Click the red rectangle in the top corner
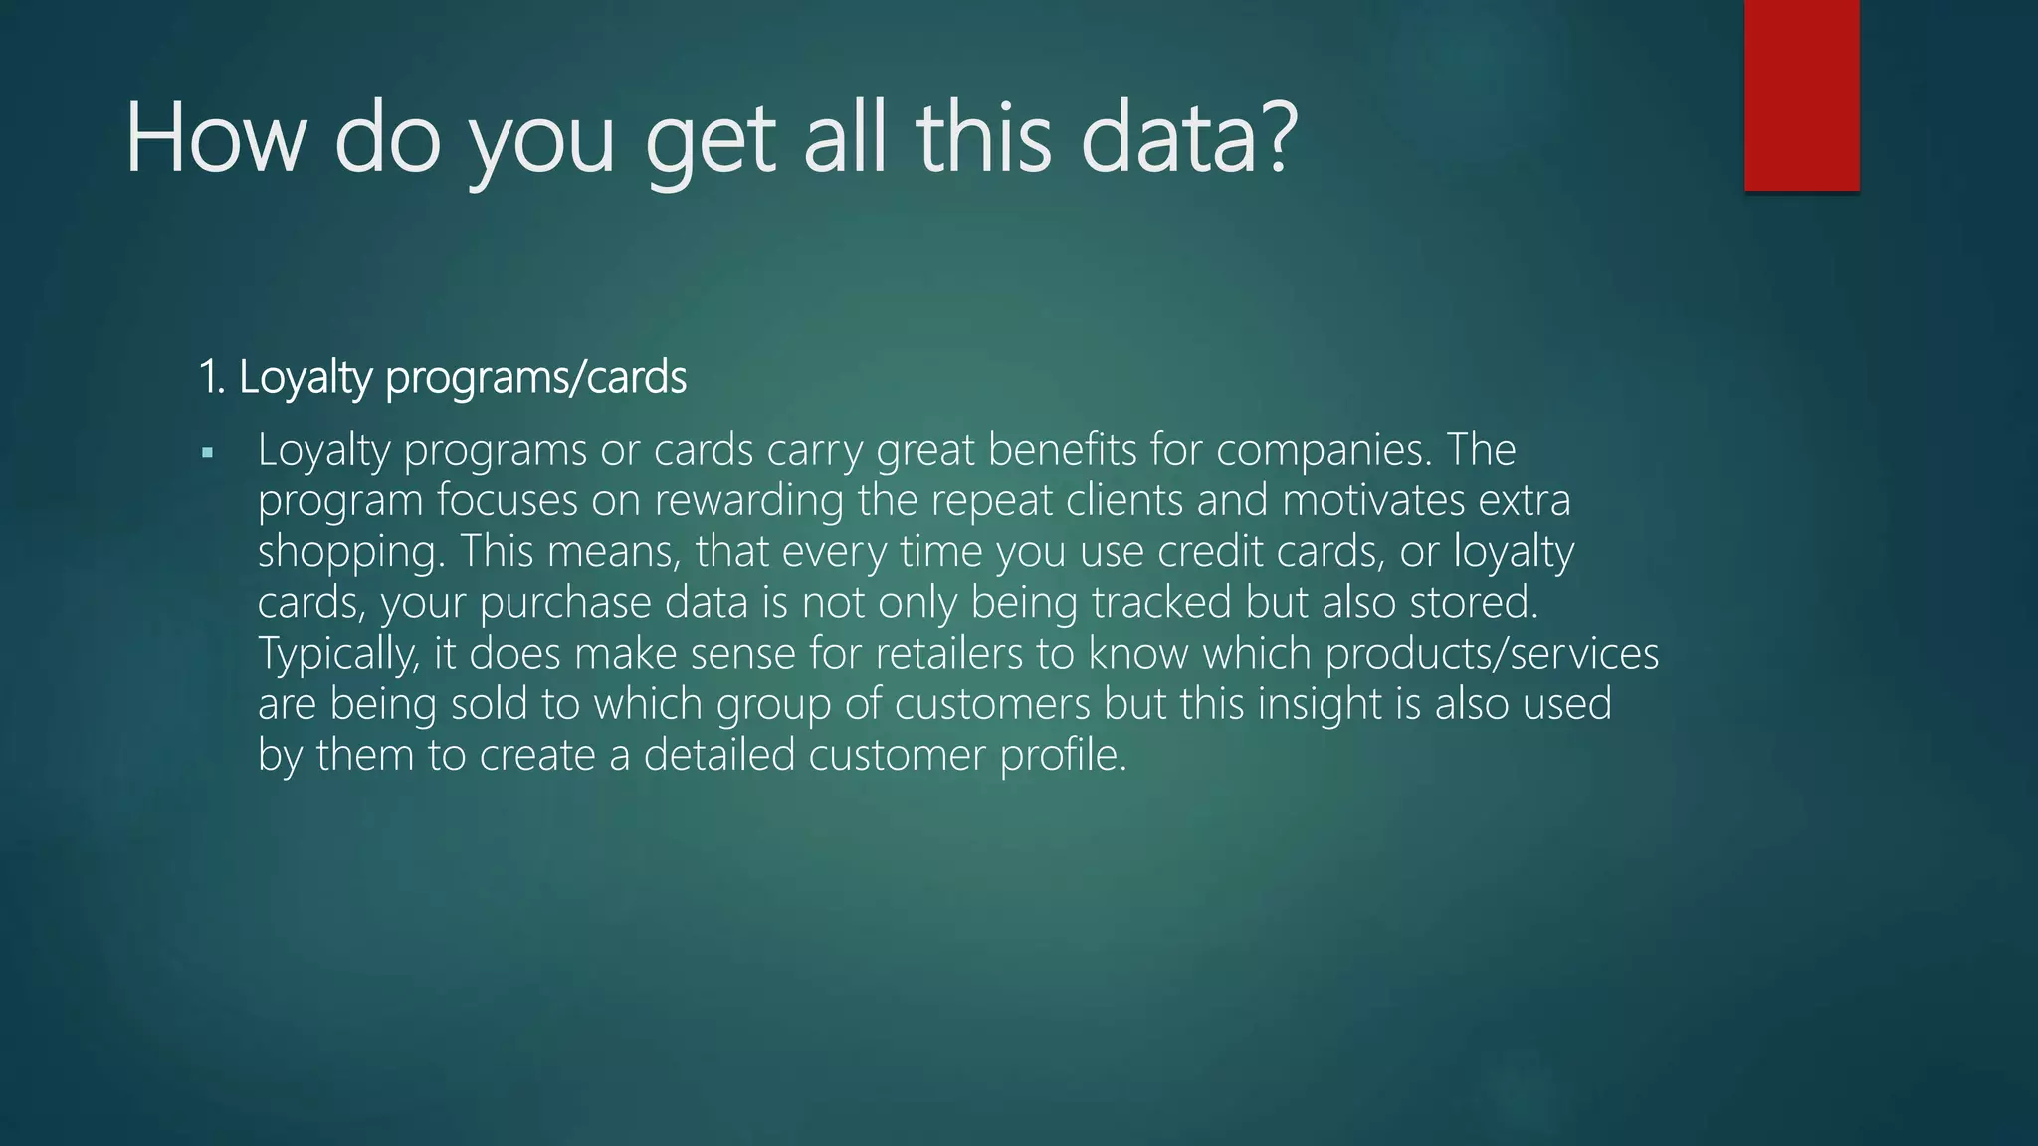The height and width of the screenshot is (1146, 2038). [x=1801, y=95]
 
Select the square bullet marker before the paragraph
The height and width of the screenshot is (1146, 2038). [x=207, y=453]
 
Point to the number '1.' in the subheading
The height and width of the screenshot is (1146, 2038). [x=212, y=377]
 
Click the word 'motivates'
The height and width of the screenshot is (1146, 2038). [x=1373, y=500]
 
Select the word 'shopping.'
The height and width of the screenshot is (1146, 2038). [x=351, y=553]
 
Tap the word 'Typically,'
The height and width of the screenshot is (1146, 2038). [x=339, y=655]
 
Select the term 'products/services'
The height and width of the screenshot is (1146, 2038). [x=1492, y=654]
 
